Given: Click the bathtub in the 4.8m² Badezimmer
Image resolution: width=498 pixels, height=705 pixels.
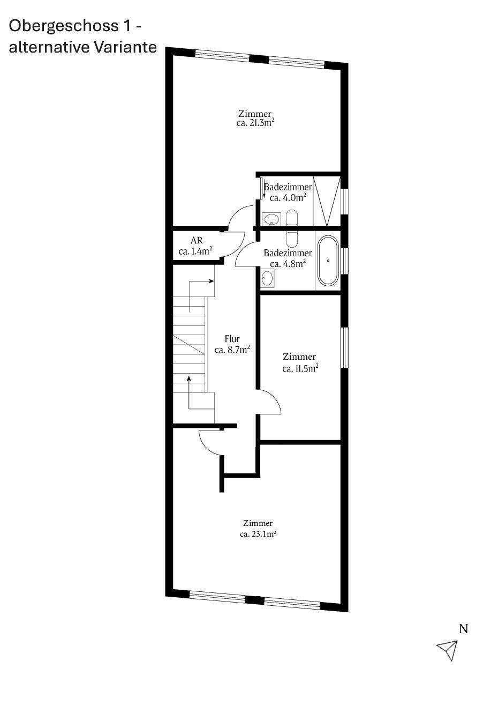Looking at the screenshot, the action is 328,261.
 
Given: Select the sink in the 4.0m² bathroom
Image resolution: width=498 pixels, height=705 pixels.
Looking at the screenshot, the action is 271,219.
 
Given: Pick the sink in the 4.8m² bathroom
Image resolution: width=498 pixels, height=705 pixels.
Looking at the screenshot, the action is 267,279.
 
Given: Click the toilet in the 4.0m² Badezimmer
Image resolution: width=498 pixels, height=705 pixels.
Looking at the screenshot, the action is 292,218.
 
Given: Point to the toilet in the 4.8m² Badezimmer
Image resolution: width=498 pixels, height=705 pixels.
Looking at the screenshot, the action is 292,239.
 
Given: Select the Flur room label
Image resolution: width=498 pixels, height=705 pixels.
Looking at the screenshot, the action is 232,339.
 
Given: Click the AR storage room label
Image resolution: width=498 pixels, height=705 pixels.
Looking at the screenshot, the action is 197,241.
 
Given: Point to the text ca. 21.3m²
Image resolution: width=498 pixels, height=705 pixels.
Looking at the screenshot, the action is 255,123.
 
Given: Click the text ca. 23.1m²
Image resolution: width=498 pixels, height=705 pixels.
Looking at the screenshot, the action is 258,534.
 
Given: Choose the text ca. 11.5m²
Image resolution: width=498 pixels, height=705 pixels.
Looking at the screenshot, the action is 300,368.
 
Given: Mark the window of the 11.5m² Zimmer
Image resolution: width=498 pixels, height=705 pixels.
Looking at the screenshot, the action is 344,347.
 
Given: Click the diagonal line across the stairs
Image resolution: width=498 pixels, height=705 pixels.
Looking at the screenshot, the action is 189,345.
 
